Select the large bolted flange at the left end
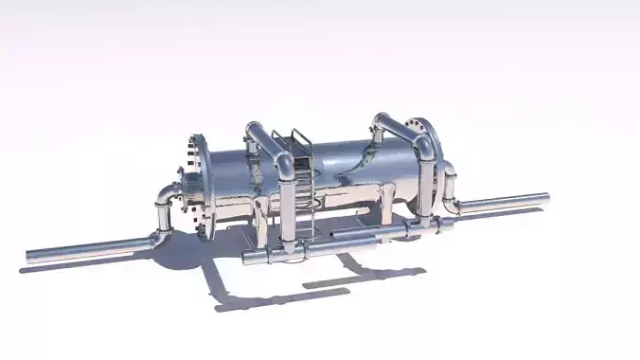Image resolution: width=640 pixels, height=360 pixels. pyautogui.click(x=202, y=184)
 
